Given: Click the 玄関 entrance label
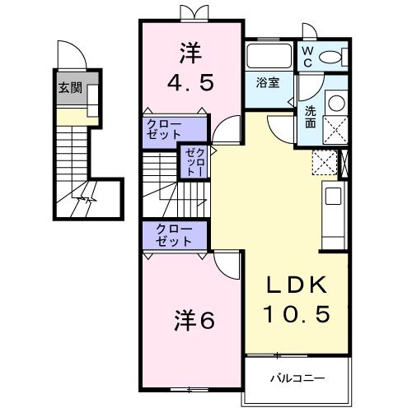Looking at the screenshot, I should pyautogui.click(x=69, y=88).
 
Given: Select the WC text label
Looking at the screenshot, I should pyautogui.click(x=307, y=56).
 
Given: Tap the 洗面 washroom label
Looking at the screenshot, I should pyautogui.click(x=310, y=116).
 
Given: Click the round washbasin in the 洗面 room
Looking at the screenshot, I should pyautogui.click(x=336, y=103).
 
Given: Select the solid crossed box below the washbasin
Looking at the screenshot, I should pyautogui.click(x=336, y=131).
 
